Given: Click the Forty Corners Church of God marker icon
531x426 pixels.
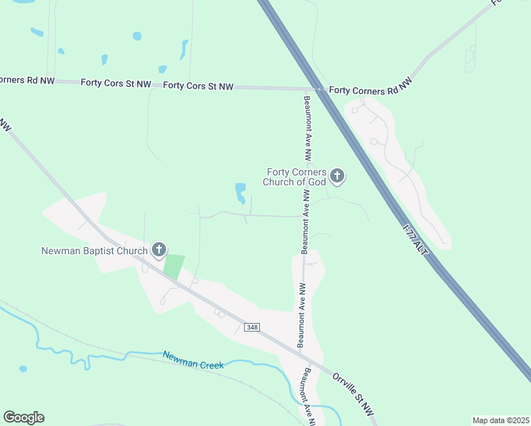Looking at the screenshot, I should click(336, 176).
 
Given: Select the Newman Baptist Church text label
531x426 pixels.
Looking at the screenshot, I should click(94, 251).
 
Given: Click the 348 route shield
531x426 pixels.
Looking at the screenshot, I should click(252, 327).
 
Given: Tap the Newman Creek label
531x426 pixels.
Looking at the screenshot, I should click(193, 360).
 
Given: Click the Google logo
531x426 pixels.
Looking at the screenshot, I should click(23, 417).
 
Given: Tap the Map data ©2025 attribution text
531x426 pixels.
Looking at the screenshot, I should click(500, 420).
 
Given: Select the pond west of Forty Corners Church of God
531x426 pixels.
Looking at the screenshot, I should click(241, 192).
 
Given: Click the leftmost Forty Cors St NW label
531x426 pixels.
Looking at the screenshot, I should click(116, 84).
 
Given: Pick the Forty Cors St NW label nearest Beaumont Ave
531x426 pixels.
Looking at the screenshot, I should click(198, 86).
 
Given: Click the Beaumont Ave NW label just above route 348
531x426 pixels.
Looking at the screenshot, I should click(302, 315).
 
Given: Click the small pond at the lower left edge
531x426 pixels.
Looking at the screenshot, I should click(23, 369).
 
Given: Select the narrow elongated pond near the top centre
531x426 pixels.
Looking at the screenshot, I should click(184, 49).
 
